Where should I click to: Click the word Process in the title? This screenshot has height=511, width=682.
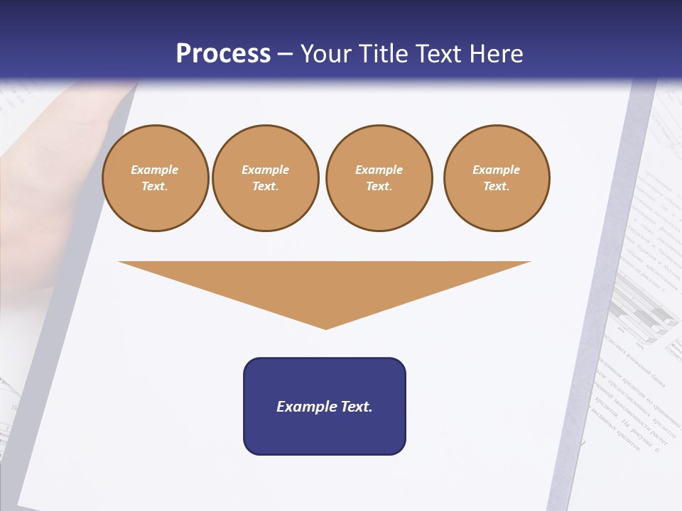coord(223,54)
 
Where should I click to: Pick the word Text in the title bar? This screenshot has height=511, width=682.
coord(438,54)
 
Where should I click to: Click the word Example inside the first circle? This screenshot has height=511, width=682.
coord(155,170)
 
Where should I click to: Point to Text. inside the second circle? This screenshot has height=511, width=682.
coord(266,187)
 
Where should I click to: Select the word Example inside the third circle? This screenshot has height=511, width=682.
coord(379,170)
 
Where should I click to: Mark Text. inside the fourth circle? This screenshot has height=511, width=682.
coord(497,187)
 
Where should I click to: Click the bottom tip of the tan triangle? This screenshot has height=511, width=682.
coord(326,327)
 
